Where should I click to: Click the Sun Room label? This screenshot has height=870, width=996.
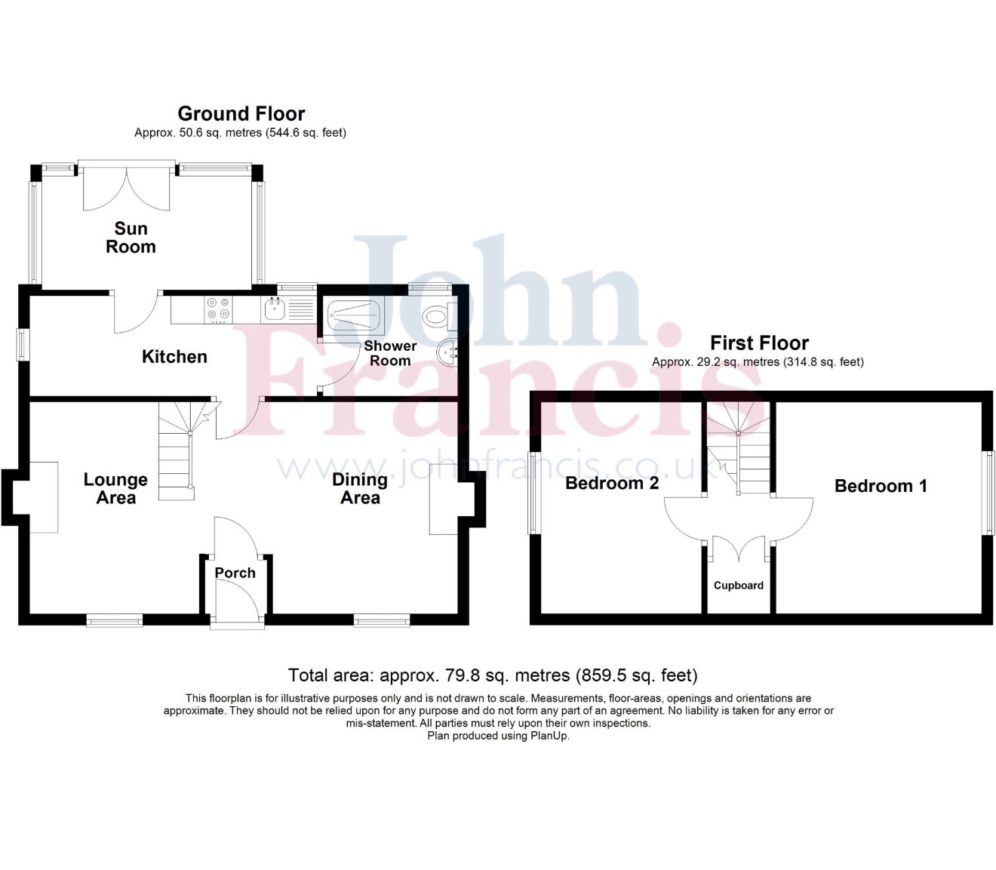131,238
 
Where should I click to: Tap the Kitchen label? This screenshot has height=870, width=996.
174,357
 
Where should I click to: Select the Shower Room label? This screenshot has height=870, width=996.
390,353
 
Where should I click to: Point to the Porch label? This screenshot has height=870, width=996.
235,573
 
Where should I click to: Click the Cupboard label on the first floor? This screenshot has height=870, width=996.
739,586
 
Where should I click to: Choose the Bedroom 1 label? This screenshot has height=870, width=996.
881,486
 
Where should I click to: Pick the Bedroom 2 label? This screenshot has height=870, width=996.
612,483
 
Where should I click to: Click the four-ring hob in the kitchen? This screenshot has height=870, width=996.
218,309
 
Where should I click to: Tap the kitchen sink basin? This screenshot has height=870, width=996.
275,309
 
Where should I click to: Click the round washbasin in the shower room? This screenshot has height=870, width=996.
448,354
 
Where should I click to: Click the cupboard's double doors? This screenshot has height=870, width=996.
739,548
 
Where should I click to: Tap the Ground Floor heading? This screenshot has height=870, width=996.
241,114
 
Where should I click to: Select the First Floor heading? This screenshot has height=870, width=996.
759,343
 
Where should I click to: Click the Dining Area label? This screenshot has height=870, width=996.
360,489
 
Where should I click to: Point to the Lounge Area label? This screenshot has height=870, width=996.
115,489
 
